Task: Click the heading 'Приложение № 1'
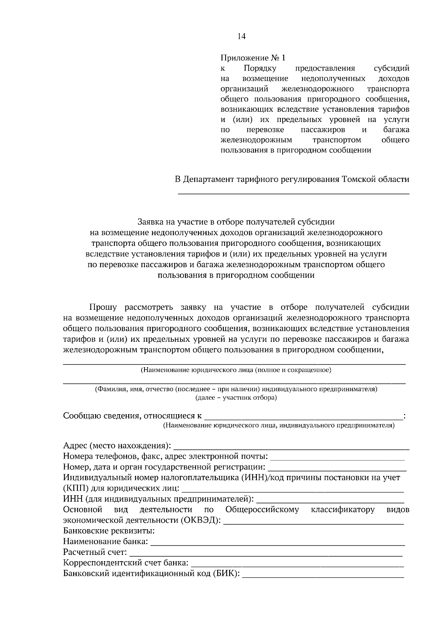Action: tap(252, 58)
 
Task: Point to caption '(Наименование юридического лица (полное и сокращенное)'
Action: tap(236, 370)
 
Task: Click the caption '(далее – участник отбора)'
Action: tap(236, 398)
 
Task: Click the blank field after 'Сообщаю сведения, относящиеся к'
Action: tap(303, 417)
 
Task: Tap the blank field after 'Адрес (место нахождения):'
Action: tap(291, 447)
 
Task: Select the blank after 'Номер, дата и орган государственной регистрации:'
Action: tap(337, 468)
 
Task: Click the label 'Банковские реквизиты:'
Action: tap(109, 531)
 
